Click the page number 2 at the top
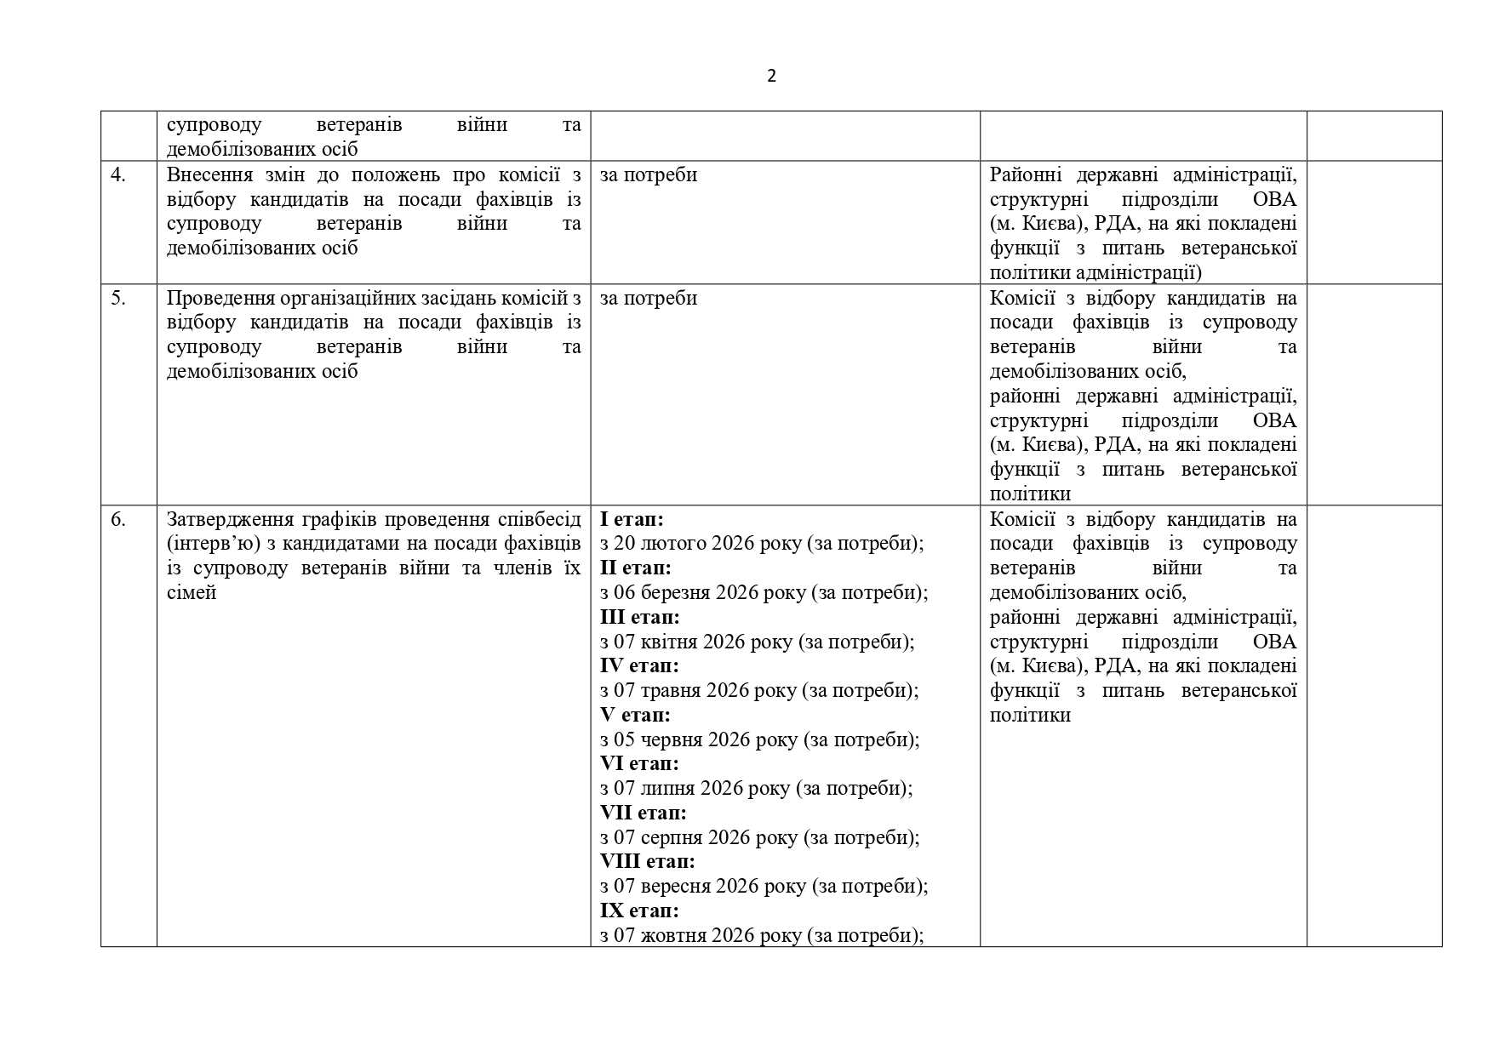tap(771, 77)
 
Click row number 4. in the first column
tap(118, 175)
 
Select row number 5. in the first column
tap(118, 299)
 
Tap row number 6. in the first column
tap(118, 520)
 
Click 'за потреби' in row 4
tap(648, 175)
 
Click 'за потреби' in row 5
tap(648, 299)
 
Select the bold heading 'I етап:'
tap(631, 519)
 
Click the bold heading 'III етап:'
tap(639, 618)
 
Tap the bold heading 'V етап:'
tap(634, 716)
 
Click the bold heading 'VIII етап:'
tap(647, 862)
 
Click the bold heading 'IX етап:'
tap(638, 911)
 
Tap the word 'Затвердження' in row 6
tap(227, 520)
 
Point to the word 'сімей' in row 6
tap(192, 593)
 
